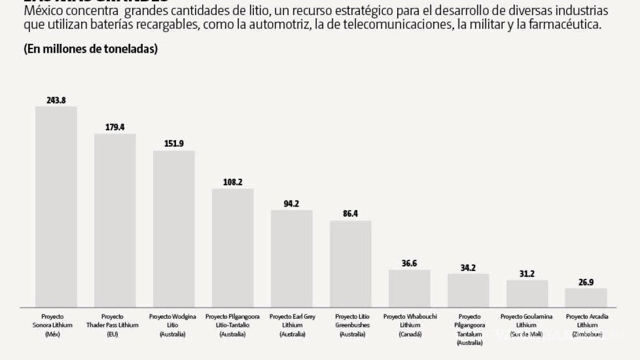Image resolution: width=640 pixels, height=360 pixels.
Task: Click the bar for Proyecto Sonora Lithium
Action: click(56, 206)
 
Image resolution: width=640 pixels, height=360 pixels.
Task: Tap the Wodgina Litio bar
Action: click(174, 228)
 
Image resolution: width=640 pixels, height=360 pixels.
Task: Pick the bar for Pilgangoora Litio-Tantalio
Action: click(233, 247)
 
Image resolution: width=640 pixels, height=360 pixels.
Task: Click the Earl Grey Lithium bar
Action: click(292, 258)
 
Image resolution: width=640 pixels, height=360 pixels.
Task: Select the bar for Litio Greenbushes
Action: click(351, 263)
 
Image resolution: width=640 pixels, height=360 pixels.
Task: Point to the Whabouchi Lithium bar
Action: click(409, 288)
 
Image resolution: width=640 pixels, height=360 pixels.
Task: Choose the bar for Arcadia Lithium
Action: click(586, 297)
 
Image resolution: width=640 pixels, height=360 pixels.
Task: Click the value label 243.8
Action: click(56, 100)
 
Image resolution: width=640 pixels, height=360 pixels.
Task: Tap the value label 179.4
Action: click(115, 127)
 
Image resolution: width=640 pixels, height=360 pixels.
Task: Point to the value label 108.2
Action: click(233, 182)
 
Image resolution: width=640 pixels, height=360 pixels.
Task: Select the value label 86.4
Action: click(351, 213)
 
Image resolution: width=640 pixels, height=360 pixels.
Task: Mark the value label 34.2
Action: click(468, 267)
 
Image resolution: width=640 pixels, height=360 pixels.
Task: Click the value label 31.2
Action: click(527, 273)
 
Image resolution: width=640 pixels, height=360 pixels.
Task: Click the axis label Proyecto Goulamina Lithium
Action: click(527, 321)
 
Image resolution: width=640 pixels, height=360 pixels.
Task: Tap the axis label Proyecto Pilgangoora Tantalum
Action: click(468, 325)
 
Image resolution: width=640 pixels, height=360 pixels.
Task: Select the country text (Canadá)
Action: click(409, 334)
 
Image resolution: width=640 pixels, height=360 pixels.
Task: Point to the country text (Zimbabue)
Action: click(586, 334)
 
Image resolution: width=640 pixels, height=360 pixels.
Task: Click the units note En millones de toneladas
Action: click(91, 49)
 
